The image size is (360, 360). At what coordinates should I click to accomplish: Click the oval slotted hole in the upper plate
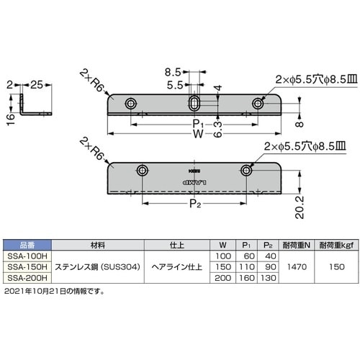coord(194,104)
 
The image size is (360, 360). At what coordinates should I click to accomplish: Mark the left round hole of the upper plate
coord(130,104)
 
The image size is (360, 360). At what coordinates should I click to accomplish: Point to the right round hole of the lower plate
coord(247,171)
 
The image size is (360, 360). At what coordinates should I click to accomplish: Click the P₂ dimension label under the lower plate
coord(195,204)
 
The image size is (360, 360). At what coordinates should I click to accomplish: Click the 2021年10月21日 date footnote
coord(54,291)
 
